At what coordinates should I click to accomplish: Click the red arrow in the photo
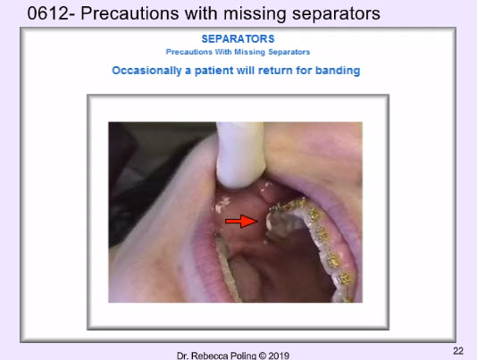(x=241, y=221)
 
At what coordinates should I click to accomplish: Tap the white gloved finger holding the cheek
(x=240, y=155)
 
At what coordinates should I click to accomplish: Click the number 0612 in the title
(x=48, y=13)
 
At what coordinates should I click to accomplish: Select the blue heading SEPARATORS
(x=238, y=39)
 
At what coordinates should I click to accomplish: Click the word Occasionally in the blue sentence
(x=146, y=71)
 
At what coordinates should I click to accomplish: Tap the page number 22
(x=458, y=351)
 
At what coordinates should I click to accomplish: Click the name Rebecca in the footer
(x=210, y=356)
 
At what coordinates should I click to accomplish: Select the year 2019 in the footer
(x=279, y=356)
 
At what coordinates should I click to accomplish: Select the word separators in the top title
(x=336, y=14)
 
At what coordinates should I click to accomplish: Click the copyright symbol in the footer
(x=263, y=356)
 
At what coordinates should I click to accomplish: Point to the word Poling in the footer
(x=244, y=356)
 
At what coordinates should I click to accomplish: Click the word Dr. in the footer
(x=183, y=356)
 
